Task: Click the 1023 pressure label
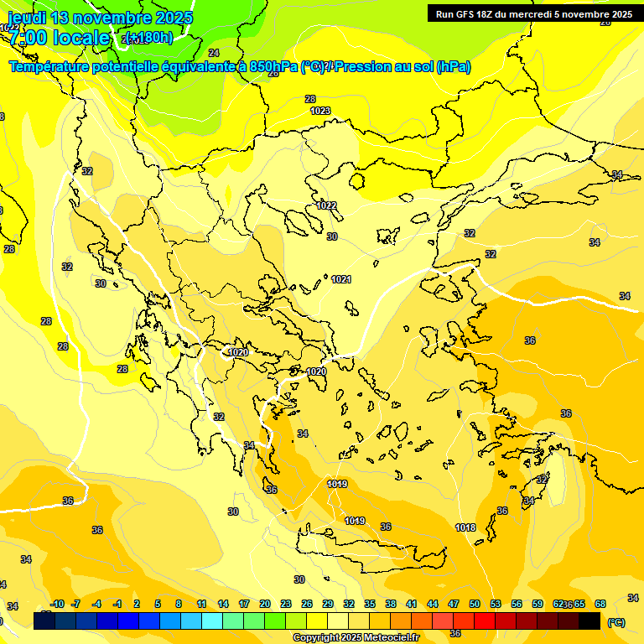(320, 111)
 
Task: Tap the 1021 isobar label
(341, 279)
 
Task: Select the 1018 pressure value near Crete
(466, 527)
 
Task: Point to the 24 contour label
(214, 76)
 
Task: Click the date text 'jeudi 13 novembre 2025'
(100, 18)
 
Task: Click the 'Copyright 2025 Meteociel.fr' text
(356, 638)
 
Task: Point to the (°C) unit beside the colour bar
(615, 622)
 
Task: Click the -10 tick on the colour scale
(57, 604)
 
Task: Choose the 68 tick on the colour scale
(600, 604)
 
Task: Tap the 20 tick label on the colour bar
(264, 604)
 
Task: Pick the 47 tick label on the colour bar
(454, 604)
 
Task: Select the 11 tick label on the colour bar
(202, 604)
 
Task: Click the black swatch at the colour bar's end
(589, 621)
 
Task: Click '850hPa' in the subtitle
(273, 67)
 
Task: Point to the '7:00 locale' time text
(59, 38)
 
